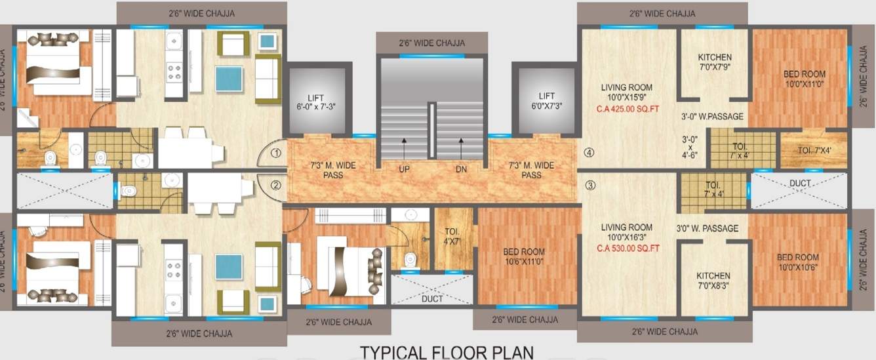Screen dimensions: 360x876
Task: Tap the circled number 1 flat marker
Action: (276, 154)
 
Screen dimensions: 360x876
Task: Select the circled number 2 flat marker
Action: (276, 185)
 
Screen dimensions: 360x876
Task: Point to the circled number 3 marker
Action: (590, 185)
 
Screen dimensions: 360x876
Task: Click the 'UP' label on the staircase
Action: (404, 169)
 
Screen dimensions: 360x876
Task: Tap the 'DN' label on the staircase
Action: (462, 169)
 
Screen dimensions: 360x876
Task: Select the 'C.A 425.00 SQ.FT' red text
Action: (627, 109)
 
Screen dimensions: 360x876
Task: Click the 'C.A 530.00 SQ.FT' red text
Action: (627, 249)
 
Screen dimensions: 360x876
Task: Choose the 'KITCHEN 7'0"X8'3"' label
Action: (714, 281)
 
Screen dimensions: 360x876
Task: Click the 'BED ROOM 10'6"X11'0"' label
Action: (524, 256)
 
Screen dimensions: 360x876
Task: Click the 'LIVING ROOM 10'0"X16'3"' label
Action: (627, 232)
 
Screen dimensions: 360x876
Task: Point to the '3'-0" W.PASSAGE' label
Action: (712, 117)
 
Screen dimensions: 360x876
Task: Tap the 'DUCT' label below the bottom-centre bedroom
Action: (432, 298)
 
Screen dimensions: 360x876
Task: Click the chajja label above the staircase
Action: (431, 43)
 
